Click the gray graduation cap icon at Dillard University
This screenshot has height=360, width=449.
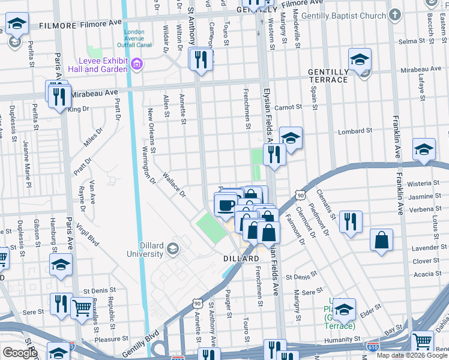[173, 248]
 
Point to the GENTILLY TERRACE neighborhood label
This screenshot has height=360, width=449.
[328, 76]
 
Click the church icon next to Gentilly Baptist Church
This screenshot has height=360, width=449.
[394, 14]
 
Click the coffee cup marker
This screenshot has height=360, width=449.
[226, 206]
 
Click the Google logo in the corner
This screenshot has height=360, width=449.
[20, 353]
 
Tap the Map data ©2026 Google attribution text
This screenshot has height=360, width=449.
[412, 355]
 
